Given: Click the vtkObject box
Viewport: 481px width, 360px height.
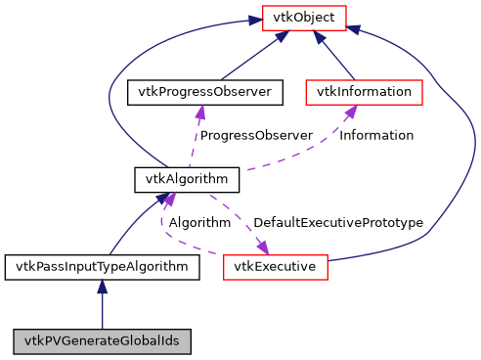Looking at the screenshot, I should pos(303,18).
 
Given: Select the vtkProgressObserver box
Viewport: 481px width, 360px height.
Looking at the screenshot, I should pos(205,93).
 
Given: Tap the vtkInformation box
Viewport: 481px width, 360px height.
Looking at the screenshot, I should pos(364,93).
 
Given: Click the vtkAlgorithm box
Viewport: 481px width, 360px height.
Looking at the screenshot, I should pos(186,179).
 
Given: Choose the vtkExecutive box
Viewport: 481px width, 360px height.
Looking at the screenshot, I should pos(275,265).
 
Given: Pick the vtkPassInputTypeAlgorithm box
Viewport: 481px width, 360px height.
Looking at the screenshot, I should pos(102,265).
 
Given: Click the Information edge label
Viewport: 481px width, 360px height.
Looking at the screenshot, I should pos(375,135).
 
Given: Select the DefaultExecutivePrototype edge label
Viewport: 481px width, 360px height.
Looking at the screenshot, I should pos(337,222).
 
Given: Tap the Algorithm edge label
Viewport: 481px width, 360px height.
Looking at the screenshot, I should pos(199,222).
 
